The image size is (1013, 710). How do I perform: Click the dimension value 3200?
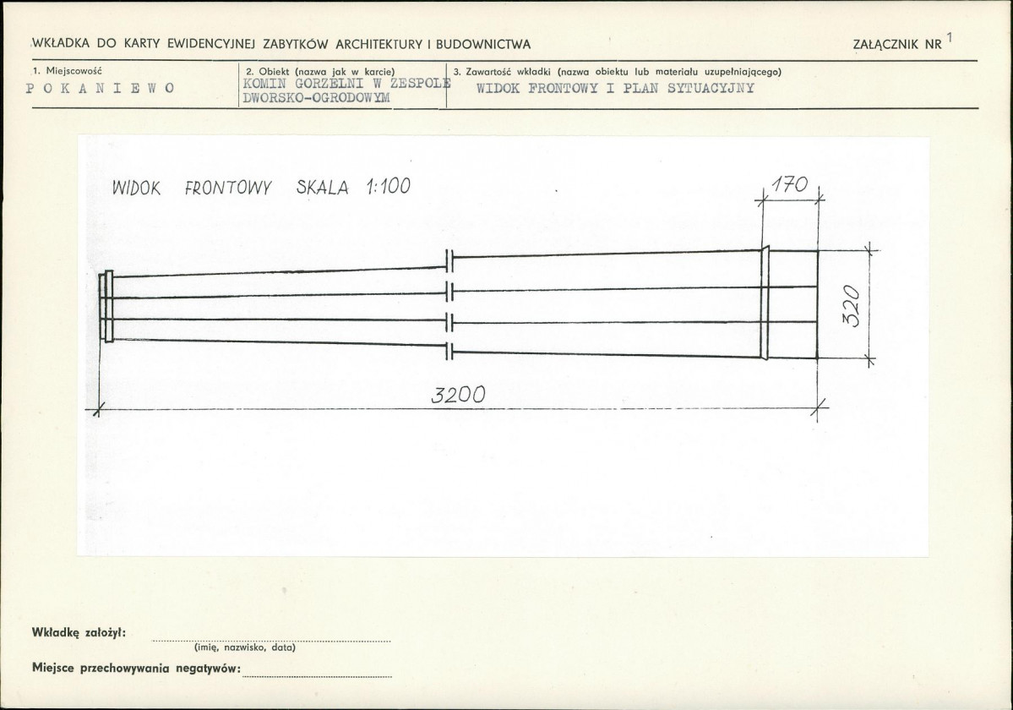(x=457, y=394)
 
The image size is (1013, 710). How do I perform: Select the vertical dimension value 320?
(x=852, y=306)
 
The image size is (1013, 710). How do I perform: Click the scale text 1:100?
(x=388, y=187)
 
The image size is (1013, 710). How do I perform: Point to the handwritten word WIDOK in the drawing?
(x=136, y=188)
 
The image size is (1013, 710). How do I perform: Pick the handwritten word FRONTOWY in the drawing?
(x=228, y=188)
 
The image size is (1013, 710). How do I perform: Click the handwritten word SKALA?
(x=323, y=188)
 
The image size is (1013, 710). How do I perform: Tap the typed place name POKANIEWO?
(x=101, y=88)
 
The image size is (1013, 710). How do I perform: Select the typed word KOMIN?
(x=265, y=84)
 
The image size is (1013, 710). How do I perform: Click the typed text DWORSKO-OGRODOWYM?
(x=317, y=98)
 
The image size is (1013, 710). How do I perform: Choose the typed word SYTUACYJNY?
(x=710, y=89)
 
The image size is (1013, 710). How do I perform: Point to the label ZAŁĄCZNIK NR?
(x=897, y=45)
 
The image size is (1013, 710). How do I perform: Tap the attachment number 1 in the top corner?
(x=950, y=37)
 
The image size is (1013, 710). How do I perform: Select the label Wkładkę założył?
(x=79, y=632)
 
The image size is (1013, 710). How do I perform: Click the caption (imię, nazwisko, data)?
(x=245, y=647)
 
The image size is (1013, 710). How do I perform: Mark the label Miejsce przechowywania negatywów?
(x=136, y=668)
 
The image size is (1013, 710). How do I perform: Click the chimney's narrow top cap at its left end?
(x=106, y=306)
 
